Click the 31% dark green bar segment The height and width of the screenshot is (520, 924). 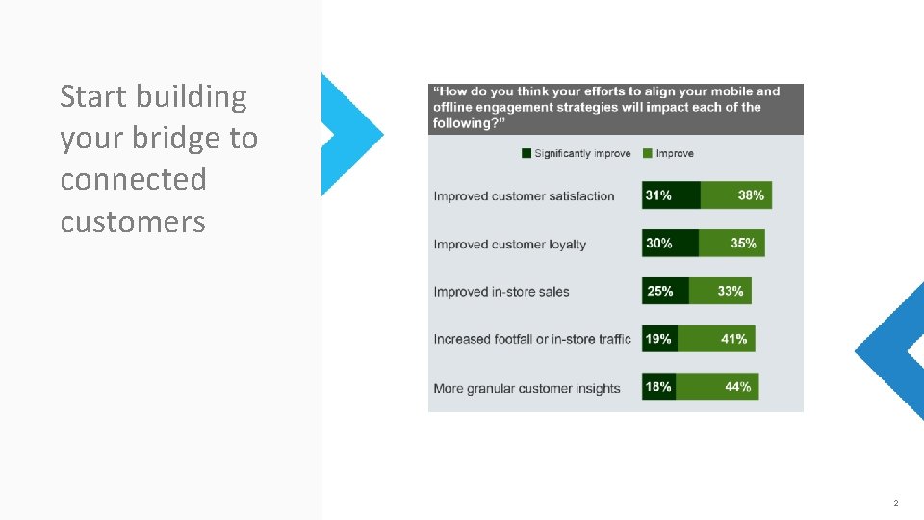point(671,195)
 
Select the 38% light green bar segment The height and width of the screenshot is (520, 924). point(736,195)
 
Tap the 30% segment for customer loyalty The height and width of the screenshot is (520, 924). point(670,244)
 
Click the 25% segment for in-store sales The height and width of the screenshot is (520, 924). point(665,291)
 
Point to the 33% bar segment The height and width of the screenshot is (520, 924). point(720,291)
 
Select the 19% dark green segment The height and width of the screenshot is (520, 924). point(659,339)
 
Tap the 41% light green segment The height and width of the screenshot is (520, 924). point(716,339)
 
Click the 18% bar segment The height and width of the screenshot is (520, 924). point(658,387)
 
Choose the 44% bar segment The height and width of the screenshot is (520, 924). point(717,387)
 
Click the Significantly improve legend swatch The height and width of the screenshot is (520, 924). point(526,153)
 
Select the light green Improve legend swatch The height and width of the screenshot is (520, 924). point(648,153)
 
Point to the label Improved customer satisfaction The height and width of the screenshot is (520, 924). point(524,196)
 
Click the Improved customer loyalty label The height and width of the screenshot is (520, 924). point(509,245)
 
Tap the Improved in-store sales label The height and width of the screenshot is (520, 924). point(501,292)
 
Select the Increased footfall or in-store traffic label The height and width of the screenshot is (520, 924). point(532,339)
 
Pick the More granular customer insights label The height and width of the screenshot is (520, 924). point(526,389)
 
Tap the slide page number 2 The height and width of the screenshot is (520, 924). point(895,503)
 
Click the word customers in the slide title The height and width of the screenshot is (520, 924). point(133,221)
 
